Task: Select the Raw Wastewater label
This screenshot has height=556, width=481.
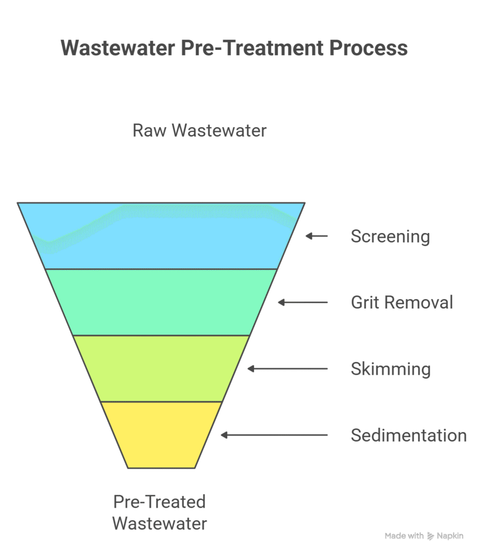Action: (x=200, y=131)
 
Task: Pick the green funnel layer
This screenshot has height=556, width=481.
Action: (x=161, y=302)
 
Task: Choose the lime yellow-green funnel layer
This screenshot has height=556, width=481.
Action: (x=161, y=369)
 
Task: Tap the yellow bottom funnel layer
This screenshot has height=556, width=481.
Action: (x=161, y=434)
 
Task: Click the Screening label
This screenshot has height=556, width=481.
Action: (x=390, y=237)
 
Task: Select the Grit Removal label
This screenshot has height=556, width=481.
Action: (x=402, y=302)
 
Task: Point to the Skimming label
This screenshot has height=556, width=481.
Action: (x=391, y=369)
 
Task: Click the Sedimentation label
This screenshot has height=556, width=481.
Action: (x=408, y=435)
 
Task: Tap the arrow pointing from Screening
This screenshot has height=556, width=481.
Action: (x=317, y=236)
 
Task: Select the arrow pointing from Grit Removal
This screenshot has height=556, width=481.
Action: (x=303, y=302)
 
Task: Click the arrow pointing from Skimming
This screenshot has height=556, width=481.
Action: (x=288, y=369)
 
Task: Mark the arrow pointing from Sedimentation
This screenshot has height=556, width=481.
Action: (x=274, y=435)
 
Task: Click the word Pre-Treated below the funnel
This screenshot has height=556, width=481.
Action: (x=160, y=502)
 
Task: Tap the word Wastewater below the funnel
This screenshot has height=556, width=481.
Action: (x=160, y=524)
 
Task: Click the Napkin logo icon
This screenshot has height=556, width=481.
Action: (x=431, y=536)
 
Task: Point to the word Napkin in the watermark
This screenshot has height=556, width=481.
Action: (x=450, y=536)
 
